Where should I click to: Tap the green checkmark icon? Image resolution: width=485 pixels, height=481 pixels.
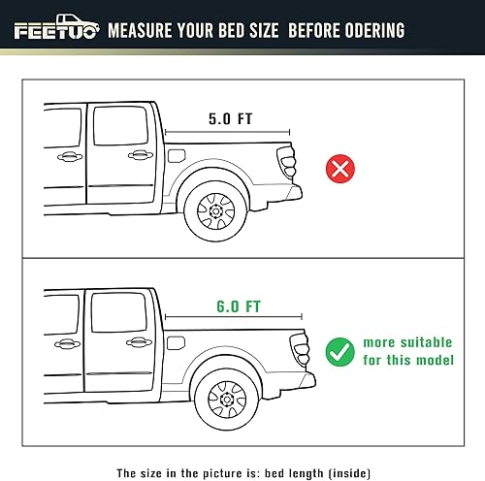[340, 350]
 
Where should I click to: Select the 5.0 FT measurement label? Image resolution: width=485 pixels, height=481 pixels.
[231, 119]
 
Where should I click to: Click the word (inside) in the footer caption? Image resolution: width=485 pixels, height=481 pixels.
[339, 447]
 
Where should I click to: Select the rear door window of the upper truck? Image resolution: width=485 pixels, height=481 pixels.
[120, 126]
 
